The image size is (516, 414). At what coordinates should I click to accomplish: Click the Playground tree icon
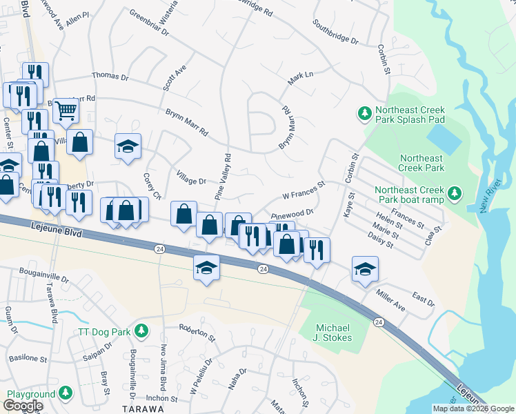66,393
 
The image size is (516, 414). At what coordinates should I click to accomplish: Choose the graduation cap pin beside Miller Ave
365,269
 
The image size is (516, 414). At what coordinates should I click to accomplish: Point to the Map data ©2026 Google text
473,408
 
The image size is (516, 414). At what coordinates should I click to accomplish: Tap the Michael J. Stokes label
334,333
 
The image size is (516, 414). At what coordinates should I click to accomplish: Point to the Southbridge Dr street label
335,31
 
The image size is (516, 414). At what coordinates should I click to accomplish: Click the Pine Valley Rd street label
222,177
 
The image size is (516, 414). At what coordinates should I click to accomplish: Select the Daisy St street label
381,240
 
